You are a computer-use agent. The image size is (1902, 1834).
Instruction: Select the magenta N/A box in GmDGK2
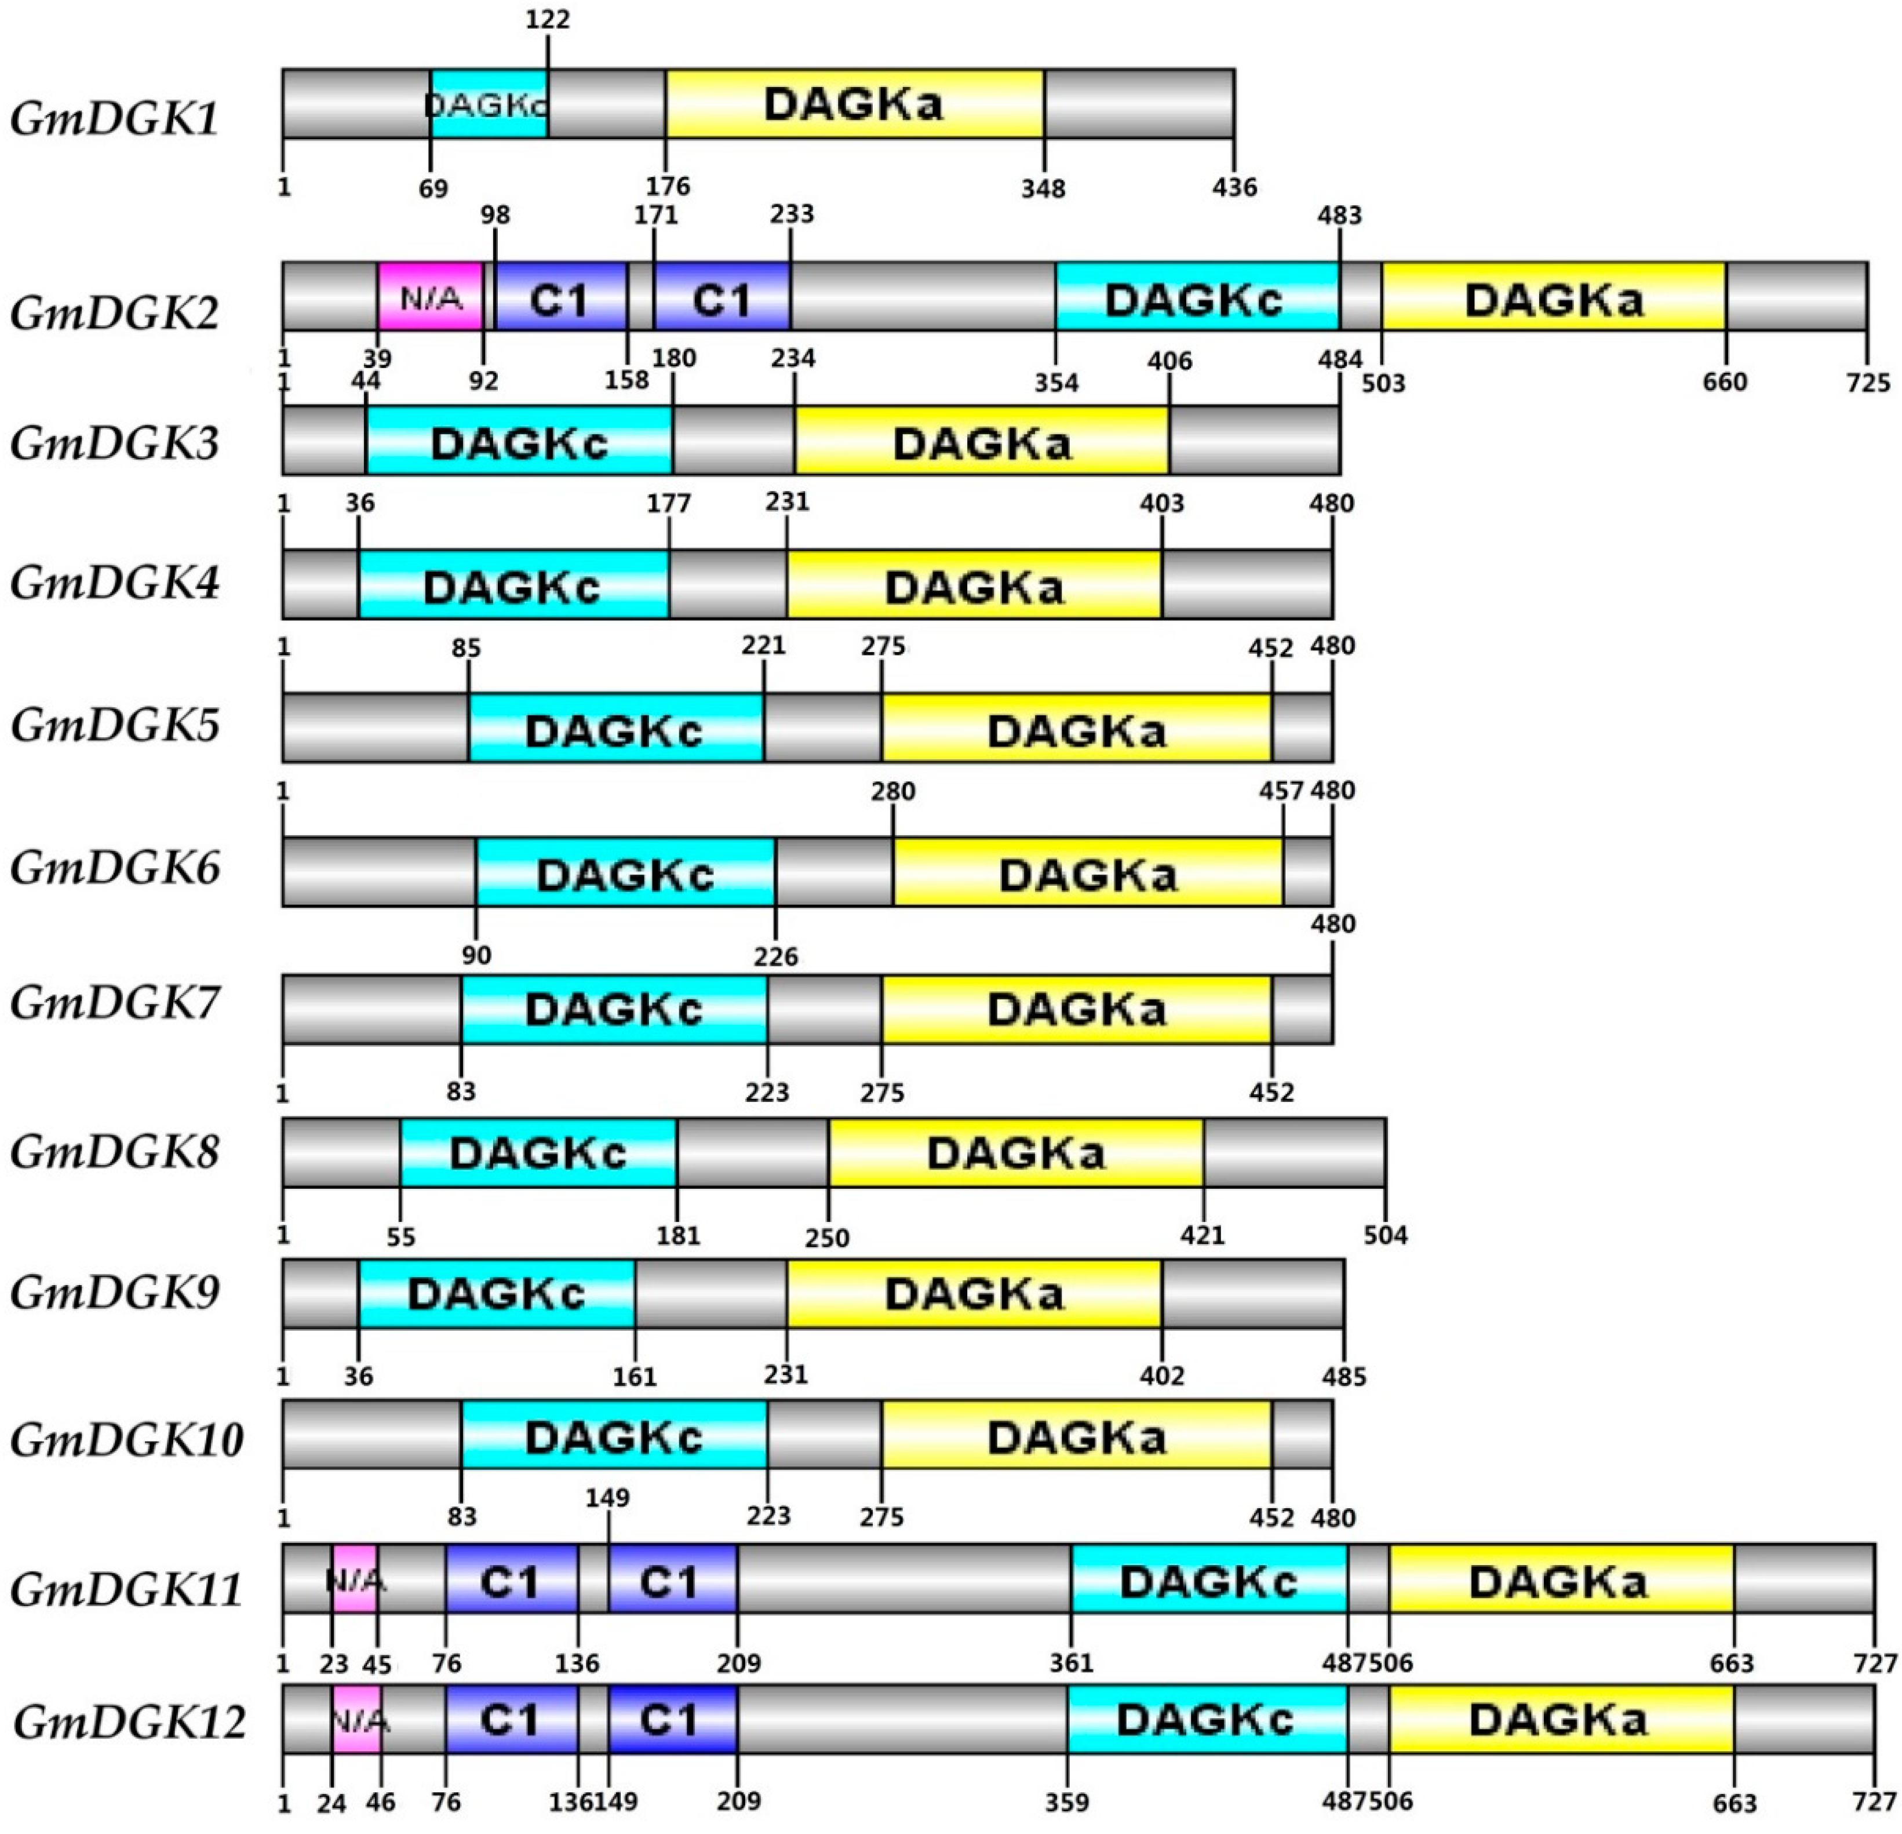(x=430, y=297)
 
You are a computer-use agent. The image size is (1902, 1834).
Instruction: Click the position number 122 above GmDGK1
(x=547, y=19)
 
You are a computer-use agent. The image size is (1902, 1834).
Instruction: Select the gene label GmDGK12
(x=129, y=1722)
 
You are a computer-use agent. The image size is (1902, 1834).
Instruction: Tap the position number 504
(x=1384, y=1235)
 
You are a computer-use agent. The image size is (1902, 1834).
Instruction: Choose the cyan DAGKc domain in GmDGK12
(x=1206, y=1719)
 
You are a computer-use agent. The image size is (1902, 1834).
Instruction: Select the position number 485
(x=1344, y=1376)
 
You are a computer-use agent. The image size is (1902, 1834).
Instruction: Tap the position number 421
(x=1203, y=1235)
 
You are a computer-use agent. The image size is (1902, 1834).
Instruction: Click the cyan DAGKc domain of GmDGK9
(x=497, y=1294)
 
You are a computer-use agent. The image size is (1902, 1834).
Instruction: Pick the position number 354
(x=1056, y=383)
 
